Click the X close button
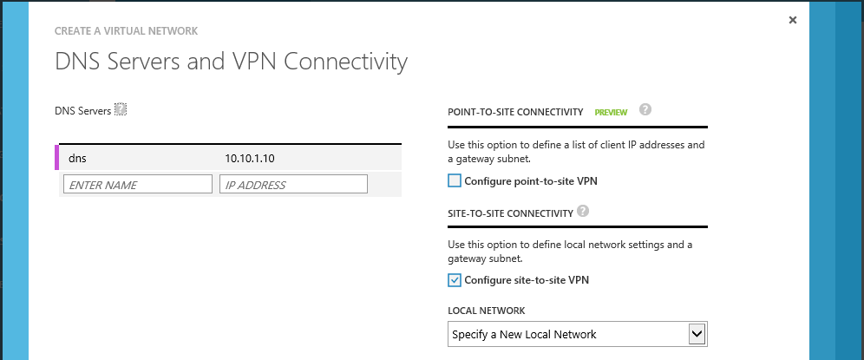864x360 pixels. [x=792, y=20]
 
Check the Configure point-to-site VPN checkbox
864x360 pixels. [x=454, y=180]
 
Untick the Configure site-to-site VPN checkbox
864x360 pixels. [x=454, y=280]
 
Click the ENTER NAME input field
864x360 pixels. [x=138, y=185]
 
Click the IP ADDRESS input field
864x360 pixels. [x=293, y=185]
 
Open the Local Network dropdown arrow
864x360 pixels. [x=697, y=333]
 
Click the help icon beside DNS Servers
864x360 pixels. [x=121, y=109]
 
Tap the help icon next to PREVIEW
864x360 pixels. [x=645, y=109]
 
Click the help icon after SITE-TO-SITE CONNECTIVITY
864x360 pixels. [x=583, y=211]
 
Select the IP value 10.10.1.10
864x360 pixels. [x=250, y=159]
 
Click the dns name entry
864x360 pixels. [x=78, y=159]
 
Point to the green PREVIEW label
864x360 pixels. [x=611, y=113]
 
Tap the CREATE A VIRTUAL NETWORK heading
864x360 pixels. [x=126, y=31]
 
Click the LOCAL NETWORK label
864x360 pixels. [x=487, y=311]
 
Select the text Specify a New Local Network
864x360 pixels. [x=524, y=334]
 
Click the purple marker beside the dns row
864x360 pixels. [x=56, y=157]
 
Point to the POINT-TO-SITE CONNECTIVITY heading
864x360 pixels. [x=516, y=112]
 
